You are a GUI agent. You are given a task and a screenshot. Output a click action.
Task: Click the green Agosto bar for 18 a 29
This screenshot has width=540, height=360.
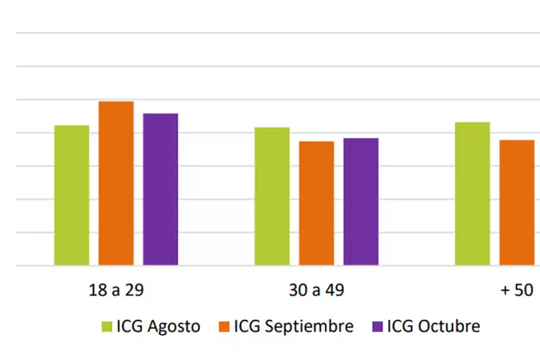pos(71,195)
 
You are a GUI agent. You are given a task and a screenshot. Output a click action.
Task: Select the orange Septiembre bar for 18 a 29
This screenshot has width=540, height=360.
pos(116,183)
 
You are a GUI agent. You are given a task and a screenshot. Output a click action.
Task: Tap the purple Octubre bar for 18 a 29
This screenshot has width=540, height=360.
pos(160,189)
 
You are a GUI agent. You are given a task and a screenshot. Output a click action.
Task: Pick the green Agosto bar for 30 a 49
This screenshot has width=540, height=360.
pos(272,196)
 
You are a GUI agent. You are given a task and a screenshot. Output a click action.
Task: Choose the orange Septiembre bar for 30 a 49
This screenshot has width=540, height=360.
pos(316,203)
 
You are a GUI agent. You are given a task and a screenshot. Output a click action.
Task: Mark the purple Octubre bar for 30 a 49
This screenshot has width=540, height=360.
pos(361,202)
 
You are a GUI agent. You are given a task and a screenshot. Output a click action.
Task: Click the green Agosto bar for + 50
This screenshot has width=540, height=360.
pos(472,193)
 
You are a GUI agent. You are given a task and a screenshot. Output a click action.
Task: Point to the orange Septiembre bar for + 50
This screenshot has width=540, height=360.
pos(517,202)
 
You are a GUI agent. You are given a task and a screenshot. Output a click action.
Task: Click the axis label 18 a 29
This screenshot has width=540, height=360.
pos(116,290)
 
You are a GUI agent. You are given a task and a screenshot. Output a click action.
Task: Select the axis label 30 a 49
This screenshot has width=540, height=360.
pos(316,290)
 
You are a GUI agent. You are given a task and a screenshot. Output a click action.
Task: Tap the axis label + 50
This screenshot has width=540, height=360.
pos(517,290)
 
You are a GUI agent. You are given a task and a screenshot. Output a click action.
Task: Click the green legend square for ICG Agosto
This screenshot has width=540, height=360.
pos(107,326)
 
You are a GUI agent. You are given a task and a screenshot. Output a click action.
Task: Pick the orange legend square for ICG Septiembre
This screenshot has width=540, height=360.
pos(224,326)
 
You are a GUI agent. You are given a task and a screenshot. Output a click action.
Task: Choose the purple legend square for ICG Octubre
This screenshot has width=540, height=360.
pos(378,326)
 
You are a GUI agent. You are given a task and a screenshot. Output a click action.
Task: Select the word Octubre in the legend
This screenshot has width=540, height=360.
pos(449,326)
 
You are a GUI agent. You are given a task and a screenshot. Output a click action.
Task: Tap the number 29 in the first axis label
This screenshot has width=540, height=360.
pos(135,290)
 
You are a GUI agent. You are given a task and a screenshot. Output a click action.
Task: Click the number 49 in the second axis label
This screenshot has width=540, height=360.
pos(335,290)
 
